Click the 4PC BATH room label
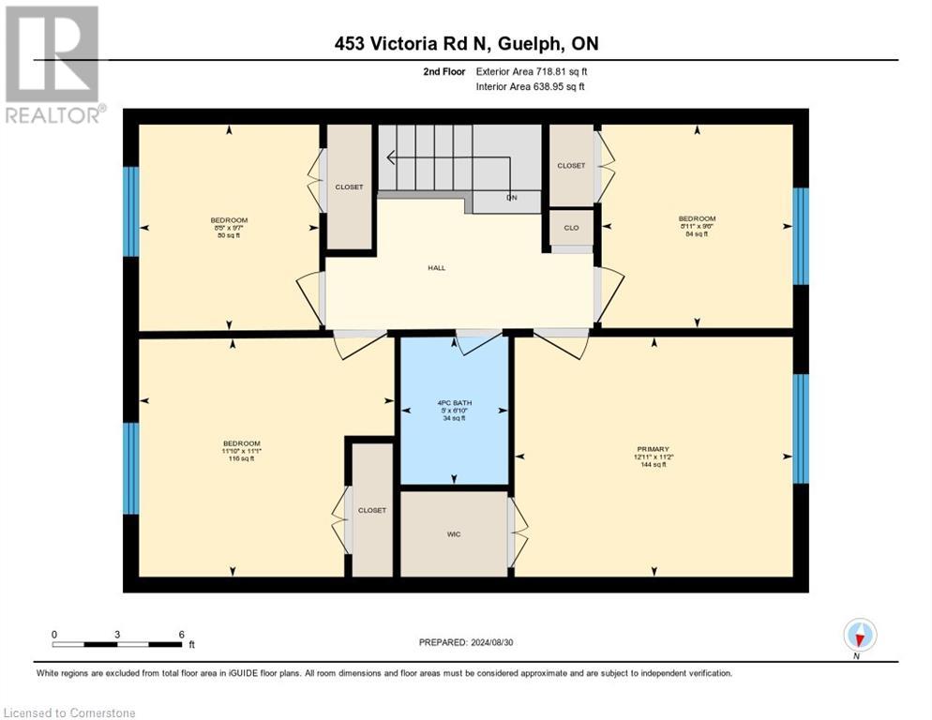click(455, 410)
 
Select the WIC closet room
click(454, 533)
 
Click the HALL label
click(436, 267)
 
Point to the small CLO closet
click(571, 227)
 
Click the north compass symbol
click(859, 635)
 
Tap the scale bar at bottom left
click(117, 644)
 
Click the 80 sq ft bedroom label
click(230, 227)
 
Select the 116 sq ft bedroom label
click(241, 451)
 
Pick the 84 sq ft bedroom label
click(697, 226)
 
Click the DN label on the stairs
click(512, 198)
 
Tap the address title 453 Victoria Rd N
click(466, 44)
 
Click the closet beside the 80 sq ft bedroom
click(349, 187)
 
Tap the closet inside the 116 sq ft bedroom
click(371, 510)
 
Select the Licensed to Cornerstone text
click(70, 713)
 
